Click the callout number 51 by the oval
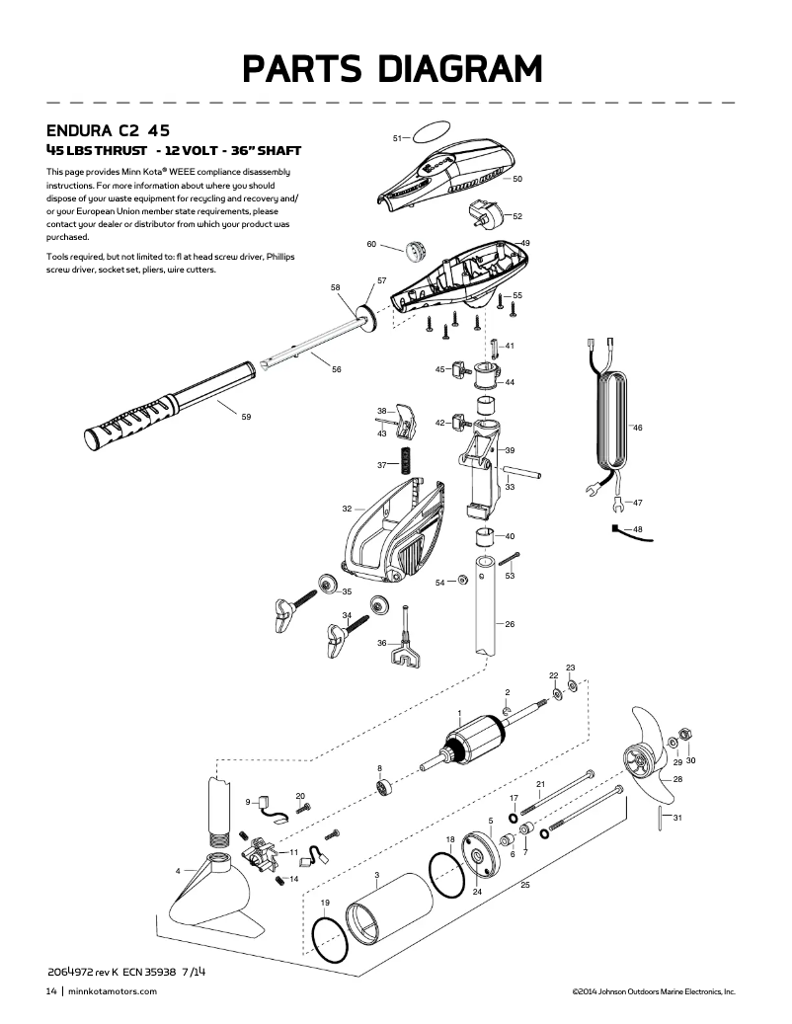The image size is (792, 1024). [399, 138]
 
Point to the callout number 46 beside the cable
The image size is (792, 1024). [637, 428]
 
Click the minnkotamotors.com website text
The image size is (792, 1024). [114, 991]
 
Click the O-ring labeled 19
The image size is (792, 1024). [328, 939]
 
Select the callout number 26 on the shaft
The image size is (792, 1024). [510, 624]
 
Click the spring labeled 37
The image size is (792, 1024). [405, 461]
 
